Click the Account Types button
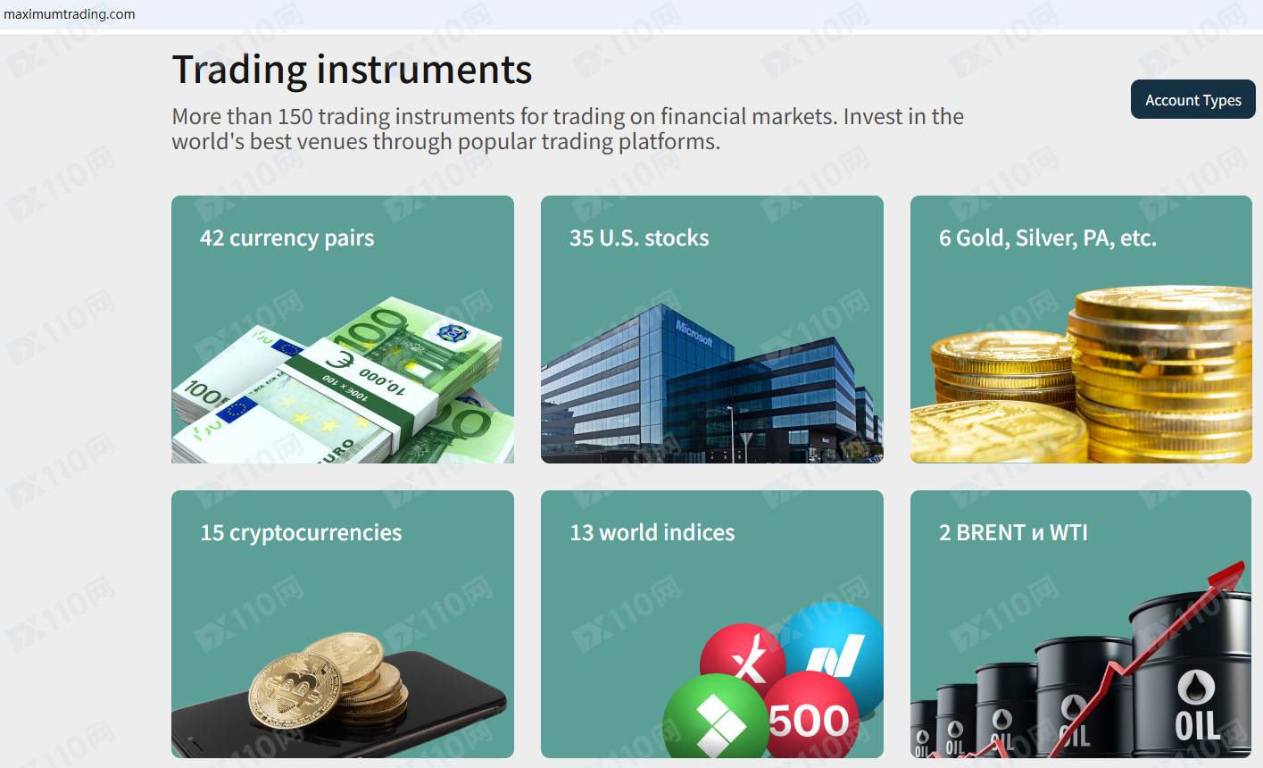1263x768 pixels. (x=1192, y=99)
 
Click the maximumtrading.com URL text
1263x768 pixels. (x=70, y=14)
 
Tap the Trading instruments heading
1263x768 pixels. (x=352, y=70)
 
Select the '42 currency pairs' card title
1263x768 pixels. (x=287, y=238)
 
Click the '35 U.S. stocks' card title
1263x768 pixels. (x=639, y=238)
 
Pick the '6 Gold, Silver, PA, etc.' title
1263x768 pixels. (x=1048, y=238)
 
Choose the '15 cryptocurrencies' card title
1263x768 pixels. (x=301, y=533)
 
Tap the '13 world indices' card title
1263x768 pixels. (x=652, y=533)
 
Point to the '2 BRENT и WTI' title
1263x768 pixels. (x=1013, y=533)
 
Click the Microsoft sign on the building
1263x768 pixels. (x=694, y=333)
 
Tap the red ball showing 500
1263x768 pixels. (x=810, y=714)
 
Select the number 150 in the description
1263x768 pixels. (x=295, y=117)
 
